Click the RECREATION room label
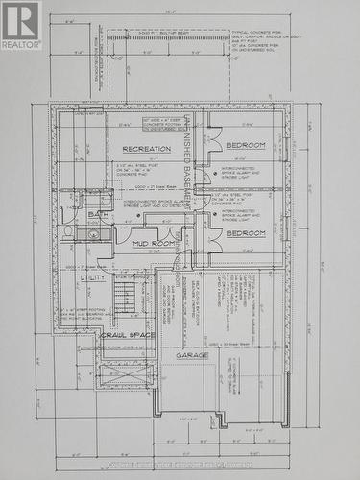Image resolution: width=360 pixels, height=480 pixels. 146,149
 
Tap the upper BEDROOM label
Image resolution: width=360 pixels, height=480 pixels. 246,145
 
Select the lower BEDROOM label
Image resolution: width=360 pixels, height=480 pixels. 246,233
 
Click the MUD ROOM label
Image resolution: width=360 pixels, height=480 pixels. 153,244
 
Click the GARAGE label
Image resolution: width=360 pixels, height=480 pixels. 192,354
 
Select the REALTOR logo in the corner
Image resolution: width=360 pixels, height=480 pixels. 21,25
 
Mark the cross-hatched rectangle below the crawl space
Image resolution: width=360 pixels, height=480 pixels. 126,372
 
